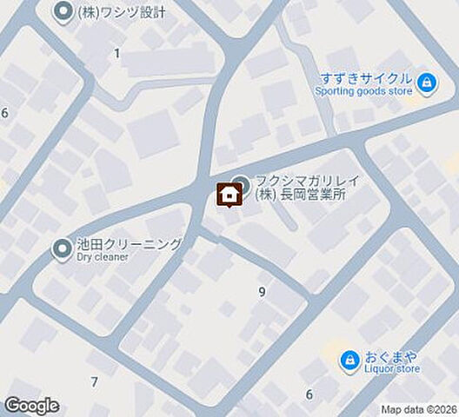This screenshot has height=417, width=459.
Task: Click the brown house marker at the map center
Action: (x=229, y=195)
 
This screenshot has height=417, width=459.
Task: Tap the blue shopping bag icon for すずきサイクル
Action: (x=426, y=83)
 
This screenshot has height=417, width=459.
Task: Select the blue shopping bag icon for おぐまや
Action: (x=349, y=358)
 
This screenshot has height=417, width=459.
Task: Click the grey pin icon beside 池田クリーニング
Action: (x=63, y=250)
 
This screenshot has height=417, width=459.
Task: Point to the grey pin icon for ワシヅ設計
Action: (x=63, y=12)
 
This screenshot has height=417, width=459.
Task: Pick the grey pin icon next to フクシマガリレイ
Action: (x=241, y=184)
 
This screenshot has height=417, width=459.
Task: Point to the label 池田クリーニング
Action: (x=129, y=244)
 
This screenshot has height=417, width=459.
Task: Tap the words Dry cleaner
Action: (x=103, y=257)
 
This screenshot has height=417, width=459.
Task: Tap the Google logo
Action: (x=31, y=405)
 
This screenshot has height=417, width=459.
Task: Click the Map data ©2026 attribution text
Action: (x=418, y=409)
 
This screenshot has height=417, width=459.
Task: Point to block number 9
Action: (x=262, y=292)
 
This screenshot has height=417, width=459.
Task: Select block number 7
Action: (x=94, y=382)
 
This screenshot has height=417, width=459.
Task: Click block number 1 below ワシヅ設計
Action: (x=116, y=53)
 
